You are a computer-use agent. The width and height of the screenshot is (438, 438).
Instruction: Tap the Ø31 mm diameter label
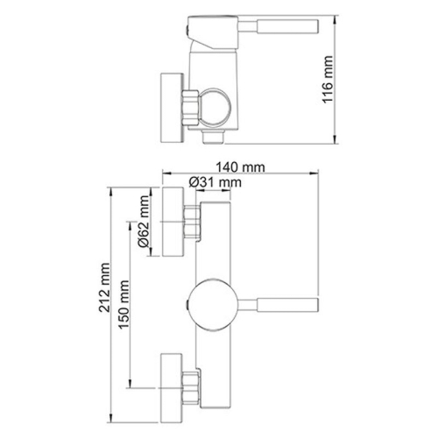215,181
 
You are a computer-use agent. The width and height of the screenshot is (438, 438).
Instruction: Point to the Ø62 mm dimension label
139,232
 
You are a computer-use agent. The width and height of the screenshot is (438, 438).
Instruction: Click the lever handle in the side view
280,28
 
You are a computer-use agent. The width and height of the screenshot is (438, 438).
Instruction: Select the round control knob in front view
212,305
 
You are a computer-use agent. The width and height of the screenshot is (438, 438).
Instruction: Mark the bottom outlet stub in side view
212,138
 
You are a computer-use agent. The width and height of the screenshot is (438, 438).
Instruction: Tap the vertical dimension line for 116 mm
339,79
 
